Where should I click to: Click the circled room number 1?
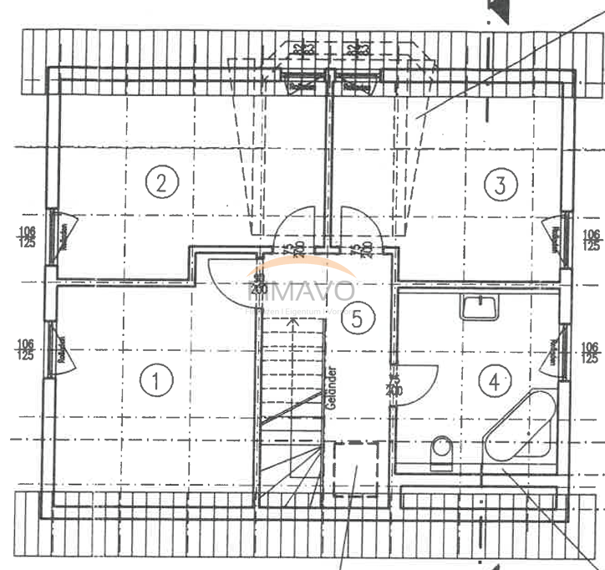pos(155,380)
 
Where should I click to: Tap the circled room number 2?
pos(162,181)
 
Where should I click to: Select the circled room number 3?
pos(500,184)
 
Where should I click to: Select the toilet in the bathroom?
pos(440,452)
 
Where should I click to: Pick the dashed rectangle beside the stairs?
pos(355,469)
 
